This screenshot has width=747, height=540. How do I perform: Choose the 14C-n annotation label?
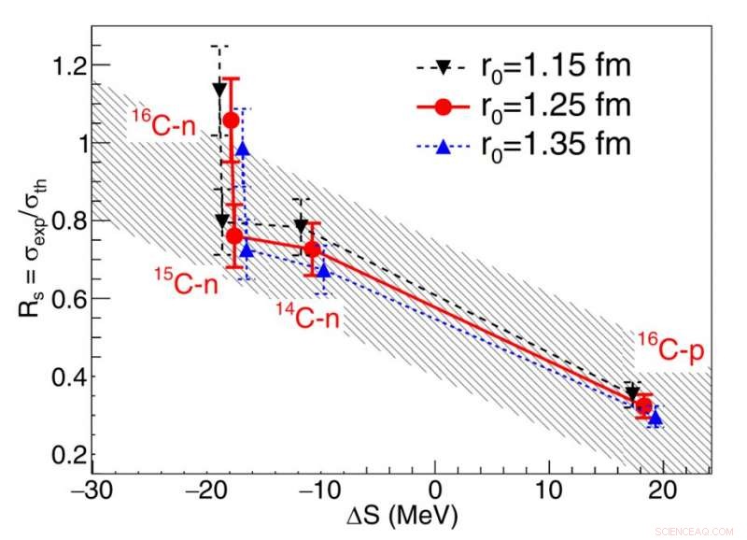(x=307, y=316)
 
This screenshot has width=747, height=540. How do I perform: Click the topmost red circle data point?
(x=232, y=120)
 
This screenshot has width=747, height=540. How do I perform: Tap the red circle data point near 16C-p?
(x=643, y=405)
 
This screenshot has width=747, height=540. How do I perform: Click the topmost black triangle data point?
(x=219, y=90)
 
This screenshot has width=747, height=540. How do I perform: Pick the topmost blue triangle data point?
(x=243, y=149)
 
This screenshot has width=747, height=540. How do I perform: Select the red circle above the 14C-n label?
(x=312, y=249)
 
